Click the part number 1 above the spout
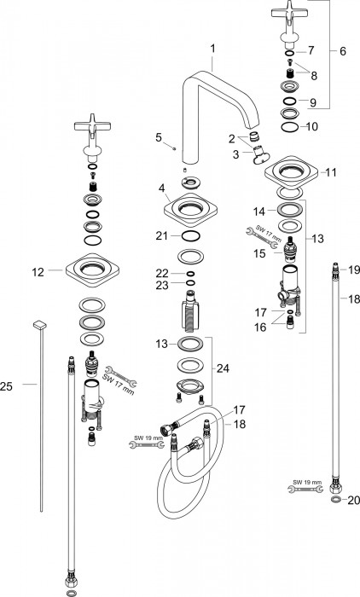tap(213, 49)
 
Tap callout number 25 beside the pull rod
tap(7, 387)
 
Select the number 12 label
tap(38, 272)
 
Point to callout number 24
tap(223, 368)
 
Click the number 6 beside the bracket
tap(343, 51)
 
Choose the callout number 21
tap(161, 236)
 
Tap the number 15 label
tap(260, 253)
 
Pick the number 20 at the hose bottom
tap(354, 500)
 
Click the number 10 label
tap(311, 126)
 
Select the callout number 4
tap(162, 188)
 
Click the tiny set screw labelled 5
tap(174, 148)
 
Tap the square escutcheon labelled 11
tap(292, 172)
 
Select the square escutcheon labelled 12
tap(93, 270)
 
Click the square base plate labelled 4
tap(190, 210)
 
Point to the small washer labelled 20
tap(336, 500)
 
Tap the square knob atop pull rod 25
tap(39, 325)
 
